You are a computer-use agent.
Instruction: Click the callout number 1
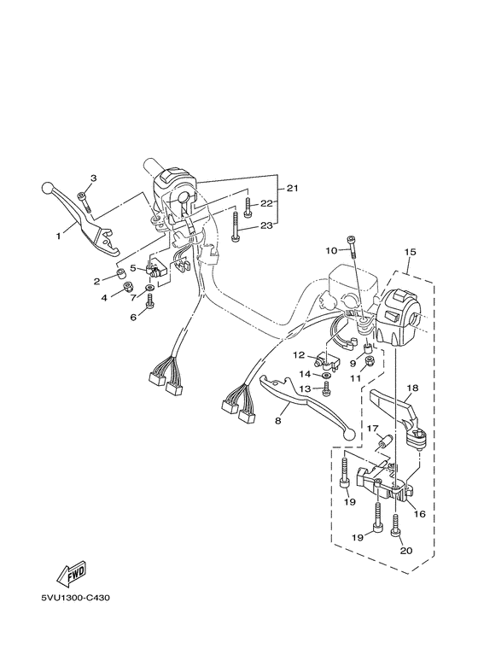click(x=59, y=234)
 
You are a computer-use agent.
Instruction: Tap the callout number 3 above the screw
click(x=94, y=178)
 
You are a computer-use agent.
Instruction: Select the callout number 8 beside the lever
click(x=277, y=421)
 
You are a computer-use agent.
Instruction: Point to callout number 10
click(x=330, y=251)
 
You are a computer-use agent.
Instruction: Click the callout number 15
click(x=410, y=253)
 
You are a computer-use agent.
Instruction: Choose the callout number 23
click(x=266, y=225)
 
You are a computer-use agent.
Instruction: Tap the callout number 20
click(x=405, y=551)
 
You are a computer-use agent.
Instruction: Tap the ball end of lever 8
click(x=347, y=435)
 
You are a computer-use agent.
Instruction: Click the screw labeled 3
click(x=84, y=200)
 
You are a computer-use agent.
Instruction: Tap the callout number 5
click(x=133, y=267)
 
